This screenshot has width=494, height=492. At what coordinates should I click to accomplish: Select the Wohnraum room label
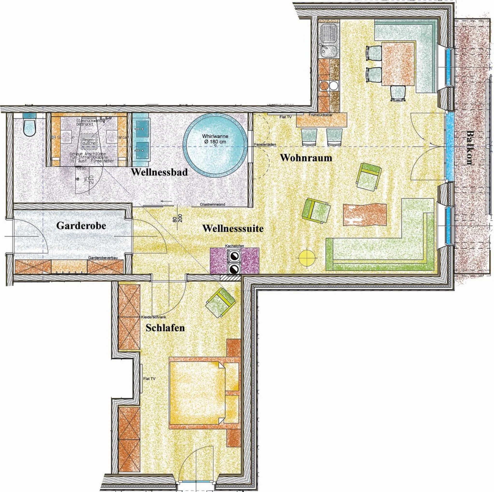[x=306, y=158]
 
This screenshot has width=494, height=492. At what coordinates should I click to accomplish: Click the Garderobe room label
[x=81, y=226]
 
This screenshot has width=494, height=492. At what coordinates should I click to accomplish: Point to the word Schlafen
[x=165, y=328]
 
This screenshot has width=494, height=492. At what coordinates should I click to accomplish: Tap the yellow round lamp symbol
[x=307, y=258]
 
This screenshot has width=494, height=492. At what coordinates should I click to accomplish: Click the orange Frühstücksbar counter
[x=322, y=120]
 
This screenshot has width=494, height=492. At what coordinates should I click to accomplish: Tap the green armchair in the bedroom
[x=220, y=303]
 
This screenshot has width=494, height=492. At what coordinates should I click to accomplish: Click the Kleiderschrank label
[x=153, y=317]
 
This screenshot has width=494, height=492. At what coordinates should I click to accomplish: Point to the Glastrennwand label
[x=212, y=204]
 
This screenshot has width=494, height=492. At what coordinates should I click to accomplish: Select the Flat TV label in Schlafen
[x=149, y=379]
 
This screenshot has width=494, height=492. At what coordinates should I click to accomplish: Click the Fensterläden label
[x=265, y=145]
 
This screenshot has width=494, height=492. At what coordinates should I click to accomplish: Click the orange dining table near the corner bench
[x=398, y=64]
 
